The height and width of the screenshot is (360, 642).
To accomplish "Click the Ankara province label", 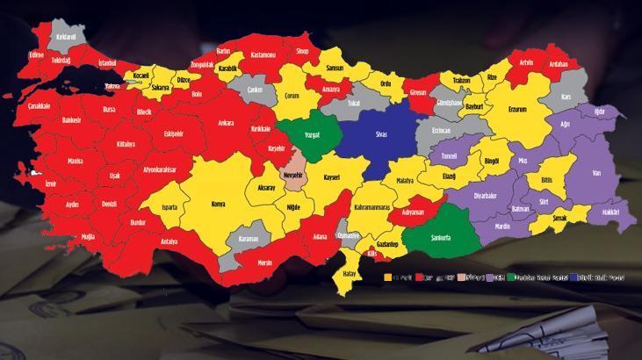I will coord(226,123).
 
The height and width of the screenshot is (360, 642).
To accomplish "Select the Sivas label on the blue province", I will coord(382,134).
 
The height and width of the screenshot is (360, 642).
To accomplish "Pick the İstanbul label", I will coord(107,63).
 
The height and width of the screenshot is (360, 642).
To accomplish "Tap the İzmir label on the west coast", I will coord(50,184).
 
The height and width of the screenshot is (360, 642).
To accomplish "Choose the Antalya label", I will coord(170,241).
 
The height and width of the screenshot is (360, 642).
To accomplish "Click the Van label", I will coord(597,174).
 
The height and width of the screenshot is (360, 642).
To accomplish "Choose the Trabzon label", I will coord(461,81).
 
